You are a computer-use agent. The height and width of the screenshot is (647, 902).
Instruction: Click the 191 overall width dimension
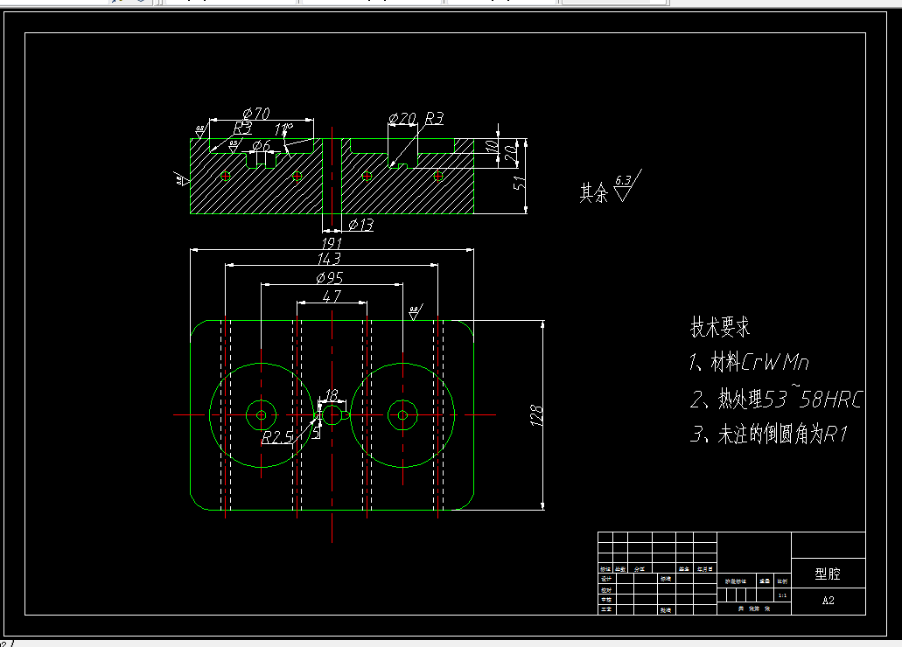(332, 242)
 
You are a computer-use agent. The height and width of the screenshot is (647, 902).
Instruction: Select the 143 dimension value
(330, 259)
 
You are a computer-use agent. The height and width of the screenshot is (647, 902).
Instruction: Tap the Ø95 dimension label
(329, 277)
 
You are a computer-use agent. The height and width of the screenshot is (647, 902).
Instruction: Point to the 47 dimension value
(332, 296)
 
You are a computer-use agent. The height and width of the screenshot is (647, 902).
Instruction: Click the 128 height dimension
(537, 414)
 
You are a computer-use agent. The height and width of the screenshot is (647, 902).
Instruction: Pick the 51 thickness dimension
(518, 183)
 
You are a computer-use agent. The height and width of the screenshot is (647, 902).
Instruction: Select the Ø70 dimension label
(255, 113)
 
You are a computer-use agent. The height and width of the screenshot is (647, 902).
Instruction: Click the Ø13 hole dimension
(360, 225)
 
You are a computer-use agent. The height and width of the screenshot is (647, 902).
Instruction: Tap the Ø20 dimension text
(402, 118)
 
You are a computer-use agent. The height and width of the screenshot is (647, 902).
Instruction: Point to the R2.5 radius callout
(278, 436)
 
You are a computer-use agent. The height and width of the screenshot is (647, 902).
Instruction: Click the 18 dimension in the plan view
(332, 395)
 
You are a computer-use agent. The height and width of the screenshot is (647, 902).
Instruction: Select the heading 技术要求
(720, 328)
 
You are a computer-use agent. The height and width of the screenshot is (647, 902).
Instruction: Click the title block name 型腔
(827, 574)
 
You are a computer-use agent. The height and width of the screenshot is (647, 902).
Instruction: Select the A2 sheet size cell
(828, 601)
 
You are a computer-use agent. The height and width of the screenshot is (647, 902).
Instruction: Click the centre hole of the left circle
(261, 414)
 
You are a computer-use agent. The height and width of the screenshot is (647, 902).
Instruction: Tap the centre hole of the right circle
(402, 414)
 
